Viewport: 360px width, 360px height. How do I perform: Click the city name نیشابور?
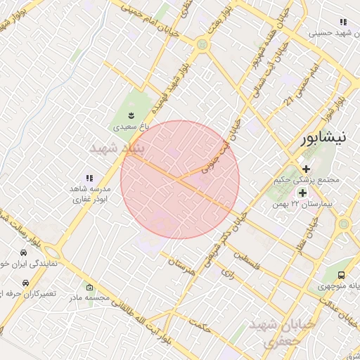pos(323,138)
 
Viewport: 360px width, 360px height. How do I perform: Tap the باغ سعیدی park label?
pos(132,127)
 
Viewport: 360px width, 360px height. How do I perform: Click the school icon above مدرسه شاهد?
pos(89,179)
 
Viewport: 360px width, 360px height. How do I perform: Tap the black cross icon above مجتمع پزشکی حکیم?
pos(306,168)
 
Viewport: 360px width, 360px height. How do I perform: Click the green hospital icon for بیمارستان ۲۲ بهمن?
pos(302,193)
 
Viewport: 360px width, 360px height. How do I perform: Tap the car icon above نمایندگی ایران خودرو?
pos(24,252)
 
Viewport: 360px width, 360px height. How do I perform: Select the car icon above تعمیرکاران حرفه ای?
pos(25,281)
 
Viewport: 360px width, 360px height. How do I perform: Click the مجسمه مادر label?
pos(89,297)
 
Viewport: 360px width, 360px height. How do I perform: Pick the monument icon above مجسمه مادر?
pos(89,287)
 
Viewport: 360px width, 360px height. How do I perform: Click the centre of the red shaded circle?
pos(180,179)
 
